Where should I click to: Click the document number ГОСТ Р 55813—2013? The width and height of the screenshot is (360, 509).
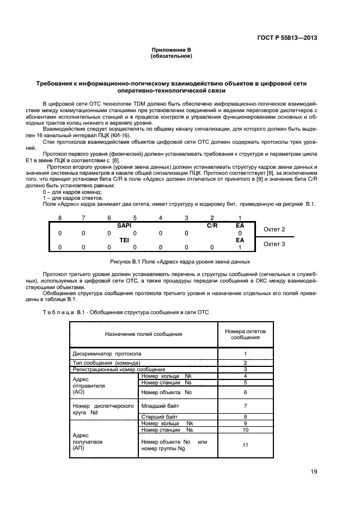tap(287, 38)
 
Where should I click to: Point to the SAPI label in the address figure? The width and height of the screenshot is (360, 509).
tap(125, 224)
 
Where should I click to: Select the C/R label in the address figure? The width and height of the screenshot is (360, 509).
tap(212, 224)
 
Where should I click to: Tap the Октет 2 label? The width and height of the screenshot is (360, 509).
tap(274, 229)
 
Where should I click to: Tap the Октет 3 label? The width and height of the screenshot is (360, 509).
tap(274, 244)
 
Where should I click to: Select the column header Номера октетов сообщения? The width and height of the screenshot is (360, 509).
tap(245, 334)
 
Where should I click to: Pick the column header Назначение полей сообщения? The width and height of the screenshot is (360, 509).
tap(143, 334)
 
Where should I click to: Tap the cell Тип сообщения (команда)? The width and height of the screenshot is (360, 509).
tap(107, 363)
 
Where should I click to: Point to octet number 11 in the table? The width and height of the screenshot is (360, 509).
tap(245, 445)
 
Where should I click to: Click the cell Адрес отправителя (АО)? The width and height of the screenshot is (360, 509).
tap(83, 384)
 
